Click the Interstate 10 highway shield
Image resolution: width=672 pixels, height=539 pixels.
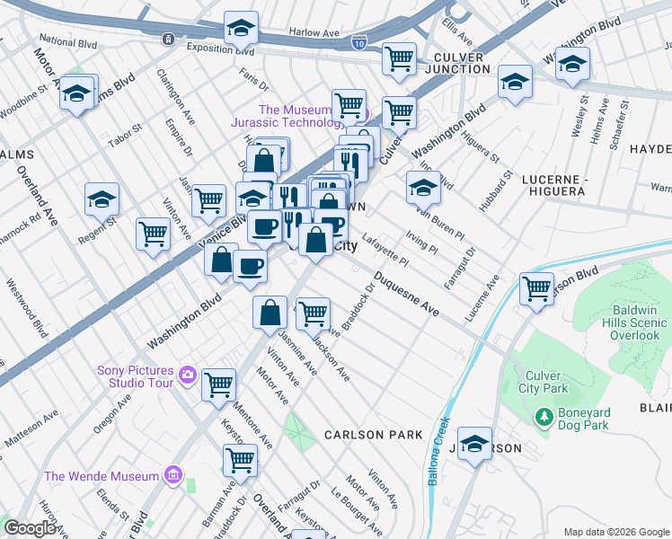pos(359,42)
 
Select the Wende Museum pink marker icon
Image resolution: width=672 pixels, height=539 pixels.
pos(174,475)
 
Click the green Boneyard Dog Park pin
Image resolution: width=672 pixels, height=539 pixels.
pos(543,417)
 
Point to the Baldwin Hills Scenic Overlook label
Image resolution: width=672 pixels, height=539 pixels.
pos(629,323)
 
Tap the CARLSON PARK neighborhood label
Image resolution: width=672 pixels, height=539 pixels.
pos(374,435)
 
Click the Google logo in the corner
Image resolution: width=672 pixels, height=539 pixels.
pos(30,528)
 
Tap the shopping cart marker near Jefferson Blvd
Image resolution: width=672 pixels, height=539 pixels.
pos(536,289)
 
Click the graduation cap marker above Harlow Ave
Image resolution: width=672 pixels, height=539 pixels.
pos(241,30)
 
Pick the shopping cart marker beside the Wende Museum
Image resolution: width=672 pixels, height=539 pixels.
pos(240,459)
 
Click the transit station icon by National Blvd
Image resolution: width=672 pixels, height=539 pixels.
pos(168,39)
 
